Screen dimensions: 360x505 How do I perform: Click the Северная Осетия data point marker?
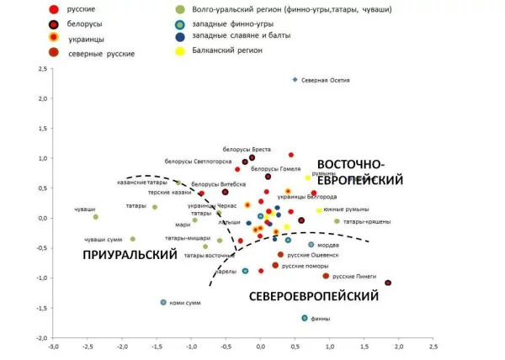coord(295,80)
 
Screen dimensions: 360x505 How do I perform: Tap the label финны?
coord(321,320)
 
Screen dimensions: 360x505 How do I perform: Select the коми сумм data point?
coord(163,302)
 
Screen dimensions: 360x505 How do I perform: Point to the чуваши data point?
coord(96,217)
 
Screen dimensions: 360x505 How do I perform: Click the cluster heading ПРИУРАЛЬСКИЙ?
coord(130,254)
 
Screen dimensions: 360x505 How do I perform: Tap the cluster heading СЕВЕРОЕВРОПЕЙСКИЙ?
coord(313,296)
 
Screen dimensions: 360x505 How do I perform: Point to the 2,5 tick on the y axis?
coord(41,69)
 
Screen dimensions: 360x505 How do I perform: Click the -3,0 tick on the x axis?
coord(53,347)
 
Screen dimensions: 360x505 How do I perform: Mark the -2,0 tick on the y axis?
coord(40,337)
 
